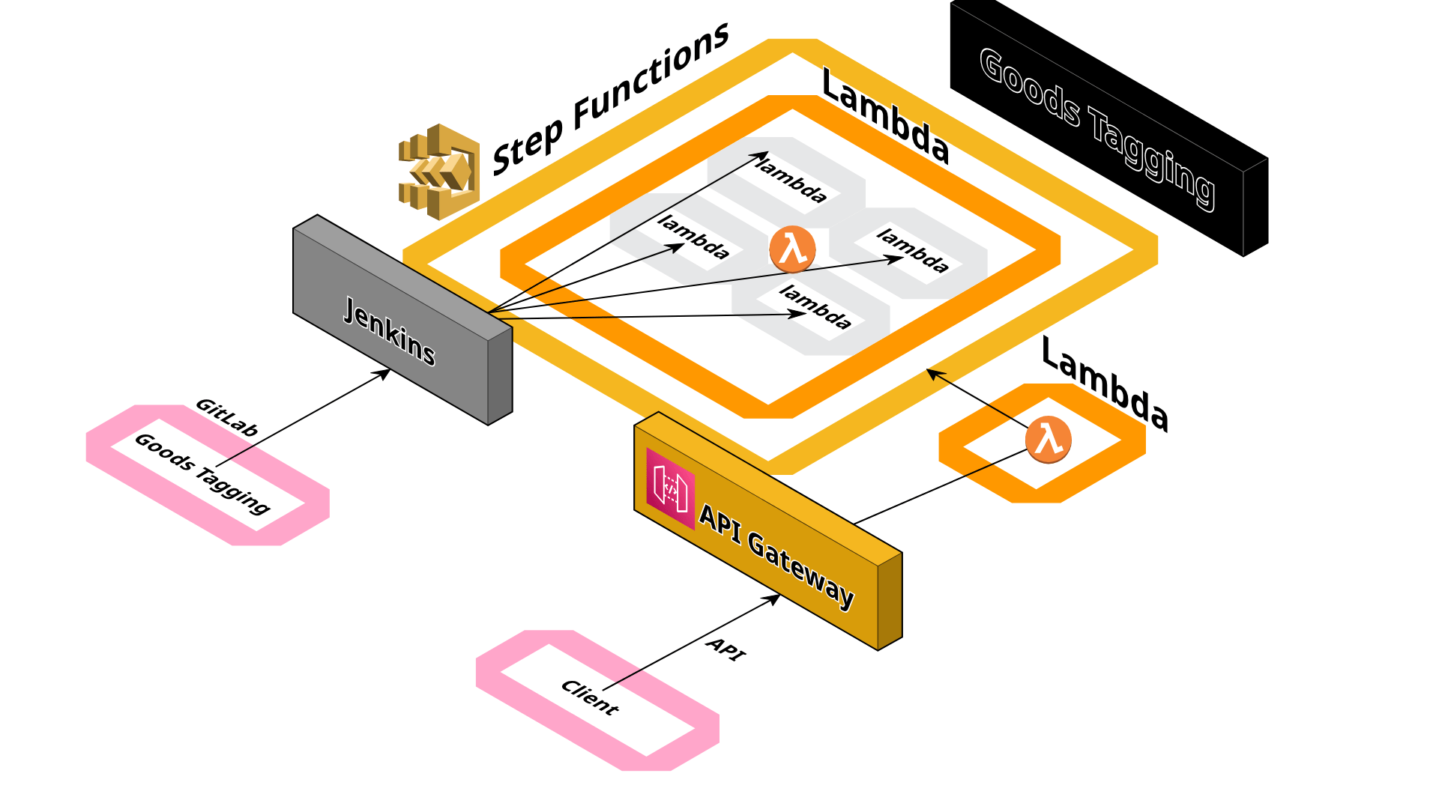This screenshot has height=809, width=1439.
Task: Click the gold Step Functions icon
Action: tap(439, 172)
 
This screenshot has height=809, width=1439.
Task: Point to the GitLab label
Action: tap(226, 417)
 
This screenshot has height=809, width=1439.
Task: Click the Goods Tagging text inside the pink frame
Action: tap(202, 474)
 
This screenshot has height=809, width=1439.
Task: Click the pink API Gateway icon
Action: tap(670, 488)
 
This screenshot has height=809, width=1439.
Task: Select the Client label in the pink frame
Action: tap(590, 697)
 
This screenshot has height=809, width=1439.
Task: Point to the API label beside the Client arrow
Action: tap(725, 649)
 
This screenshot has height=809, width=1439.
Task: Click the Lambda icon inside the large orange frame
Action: tap(792, 249)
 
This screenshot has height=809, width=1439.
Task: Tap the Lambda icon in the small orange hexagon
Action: tap(1048, 439)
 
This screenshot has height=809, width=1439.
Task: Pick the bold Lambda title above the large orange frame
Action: tap(885, 116)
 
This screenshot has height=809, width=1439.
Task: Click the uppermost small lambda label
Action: tap(792, 181)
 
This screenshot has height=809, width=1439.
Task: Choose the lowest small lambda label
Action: tap(815, 307)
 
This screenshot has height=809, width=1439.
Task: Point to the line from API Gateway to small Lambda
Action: tap(941, 486)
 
